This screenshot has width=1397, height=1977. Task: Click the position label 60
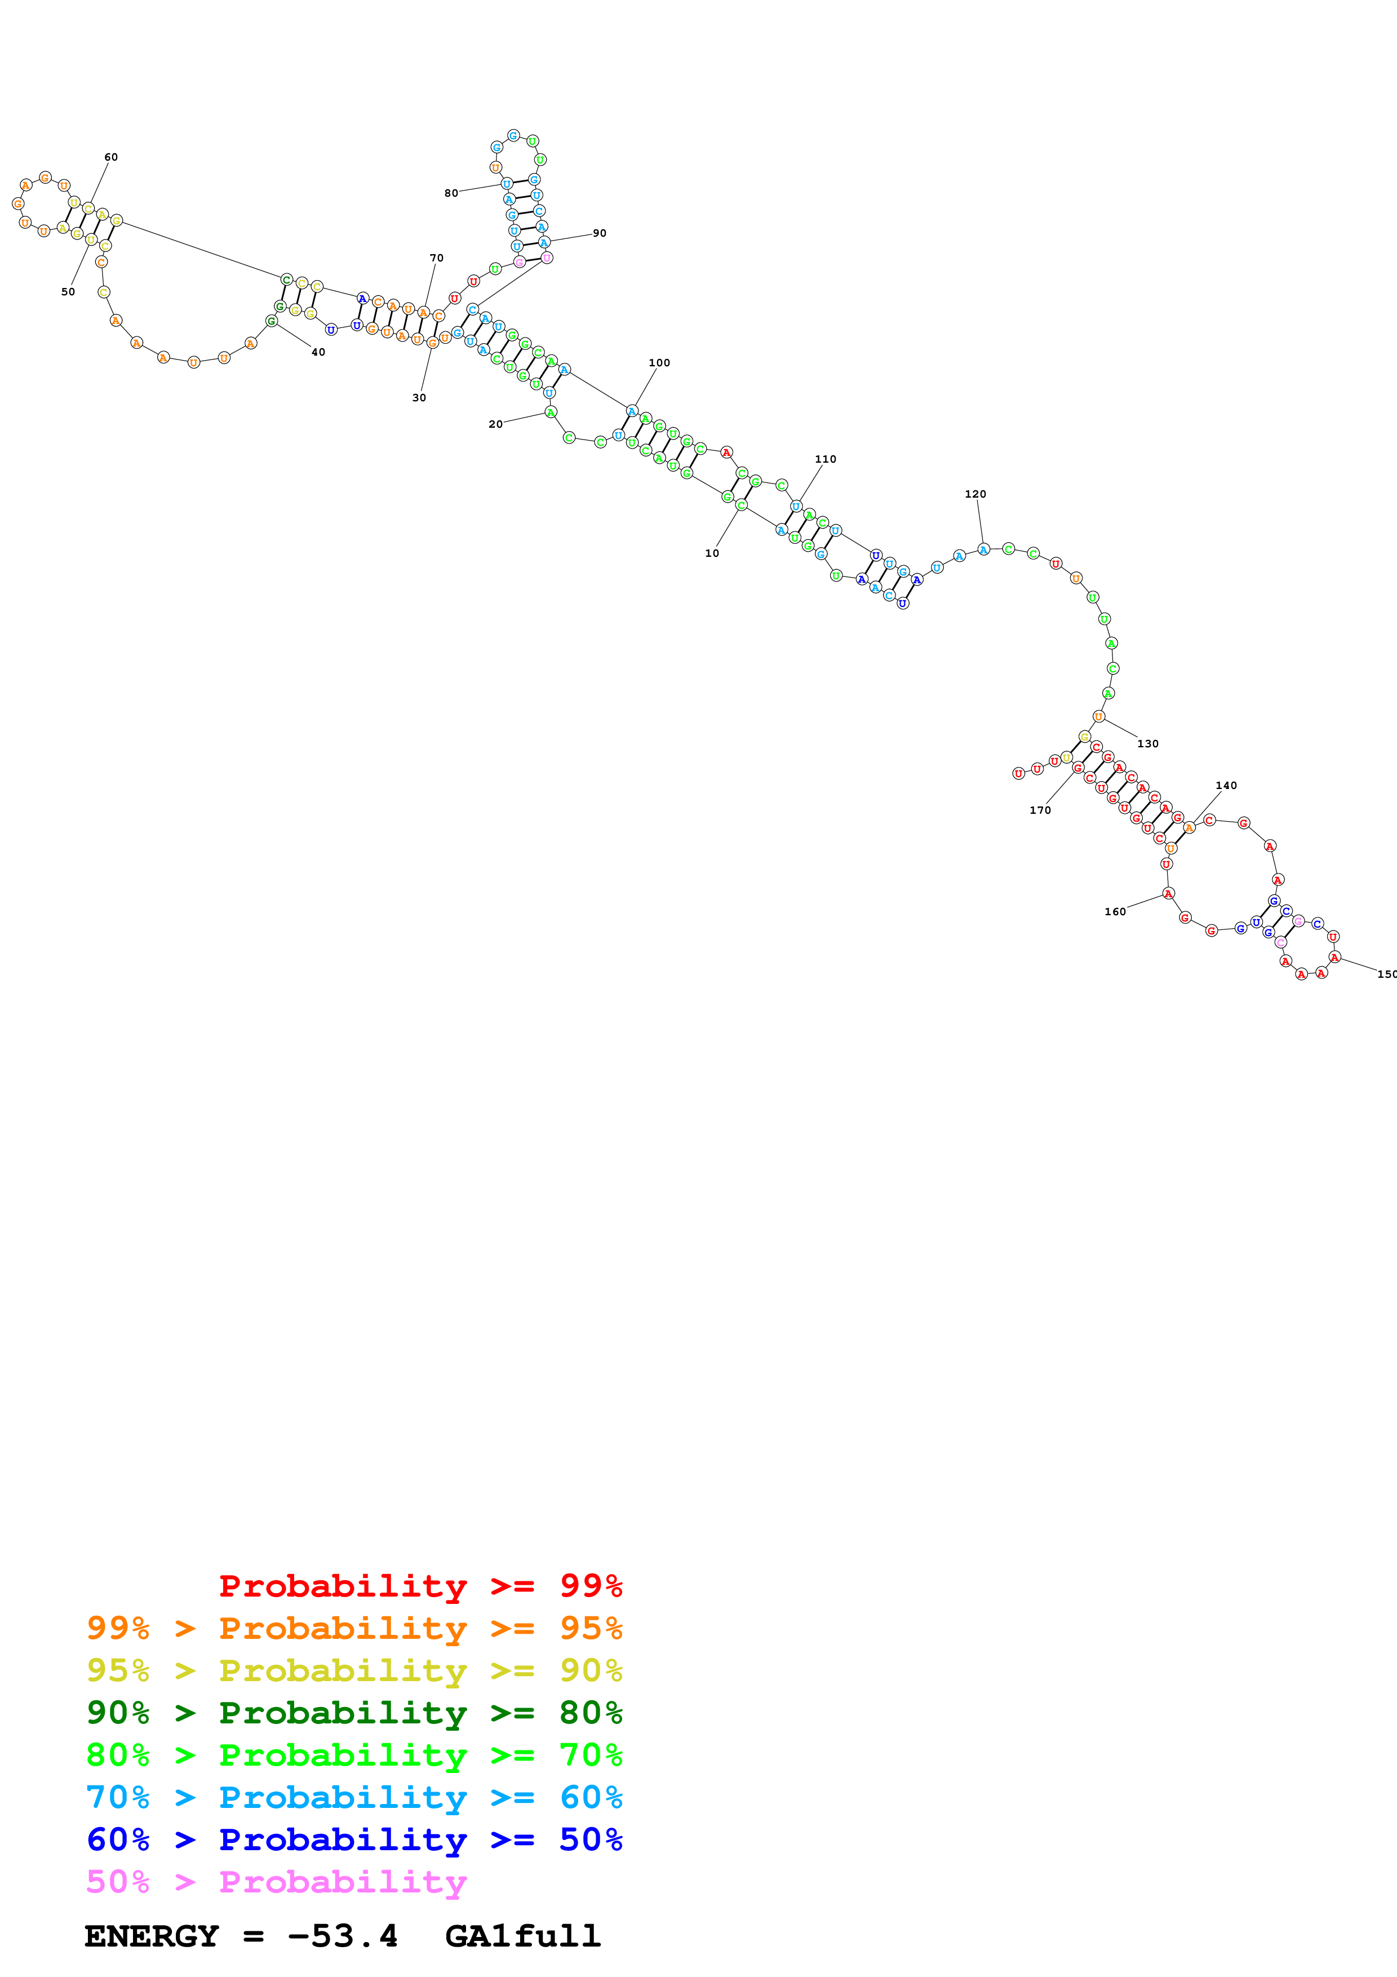[x=111, y=158]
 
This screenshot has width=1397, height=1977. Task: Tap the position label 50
[x=68, y=292]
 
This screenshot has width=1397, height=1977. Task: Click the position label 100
[x=659, y=362]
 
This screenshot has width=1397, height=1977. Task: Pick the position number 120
[x=975, y=494]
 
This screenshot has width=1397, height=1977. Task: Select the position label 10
[x=712, y=553]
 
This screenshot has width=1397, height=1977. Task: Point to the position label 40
[x=318, y=352]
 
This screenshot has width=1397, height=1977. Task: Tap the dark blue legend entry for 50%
[x=354, y=1839]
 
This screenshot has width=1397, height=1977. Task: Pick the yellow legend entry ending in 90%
[x=354, y=1670]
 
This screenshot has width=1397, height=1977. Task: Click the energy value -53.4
[x=343, y=1936]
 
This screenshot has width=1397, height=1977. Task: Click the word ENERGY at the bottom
[x=152, y=1936]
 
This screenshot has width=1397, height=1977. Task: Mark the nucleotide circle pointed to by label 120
[x=983, y=549]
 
